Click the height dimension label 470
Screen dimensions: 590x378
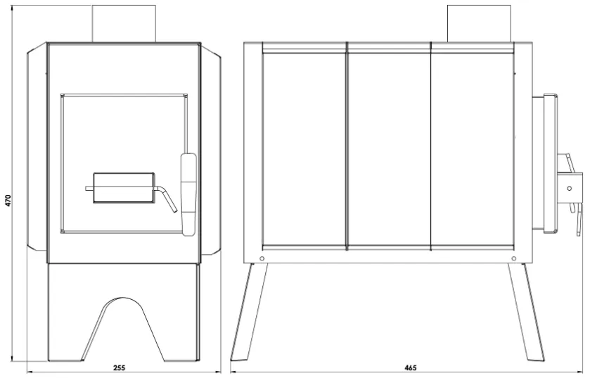pyautogui.click(x=8, y=201)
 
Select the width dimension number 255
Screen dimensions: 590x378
pyautogui.click(x=119, y=368)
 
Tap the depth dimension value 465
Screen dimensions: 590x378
pyautogui.click(x=411, y=368)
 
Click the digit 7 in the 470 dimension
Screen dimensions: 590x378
pyautogui.click(x=8, y=201)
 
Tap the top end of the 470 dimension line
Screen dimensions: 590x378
pyautogui.click(x=13, y=6)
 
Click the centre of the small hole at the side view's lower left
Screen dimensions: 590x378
pyautogui.click(x=262, y=258)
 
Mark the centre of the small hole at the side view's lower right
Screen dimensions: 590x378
pyautogui.click(x=514, y=258)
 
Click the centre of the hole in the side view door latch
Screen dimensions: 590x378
pyautogui.click(x=570, y=188)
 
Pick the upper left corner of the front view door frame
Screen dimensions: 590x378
pyautogui.click(x=60, y=94)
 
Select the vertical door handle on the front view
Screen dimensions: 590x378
pyautogui.click(x=188, y=194)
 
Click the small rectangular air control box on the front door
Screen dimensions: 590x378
pyautogui.click(x=124, y=188)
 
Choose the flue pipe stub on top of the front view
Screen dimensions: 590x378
pyautogui.click(x=124, y=23)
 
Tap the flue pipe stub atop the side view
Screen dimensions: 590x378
pyautogui.click(x=479, y=23)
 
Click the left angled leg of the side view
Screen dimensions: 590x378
pyautogui.click(x=249, y=312)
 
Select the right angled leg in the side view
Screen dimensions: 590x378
pyautogui.click(x=526, y=312)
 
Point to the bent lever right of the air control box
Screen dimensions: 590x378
pyautogui.click(x=165, y=199)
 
